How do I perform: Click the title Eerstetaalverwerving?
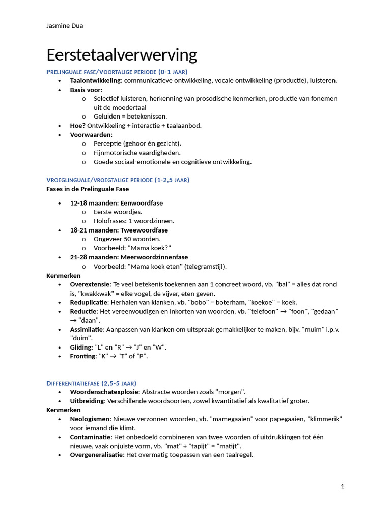click(x=122, y=55)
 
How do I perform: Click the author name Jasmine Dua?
click(x=65, y=26)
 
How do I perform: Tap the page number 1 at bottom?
click(x=343, y=486)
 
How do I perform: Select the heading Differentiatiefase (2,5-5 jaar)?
click(x=91, y=383)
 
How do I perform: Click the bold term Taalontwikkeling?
click(x=95, y=80)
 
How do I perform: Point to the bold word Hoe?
click(x=78, y=126)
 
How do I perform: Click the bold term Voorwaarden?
click(x=90, y=135)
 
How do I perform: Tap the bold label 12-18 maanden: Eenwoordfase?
click(x=116, y=203)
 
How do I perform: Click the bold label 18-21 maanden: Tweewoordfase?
click(x=119, y=230)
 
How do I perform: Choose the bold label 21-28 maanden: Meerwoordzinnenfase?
click(x=129, y=257)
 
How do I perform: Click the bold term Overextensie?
click(x=90, y=284)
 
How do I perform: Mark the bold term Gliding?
click(x=80, y=347)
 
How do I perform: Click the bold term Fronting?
click(x=82, y=356)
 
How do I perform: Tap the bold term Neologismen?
click(x=90, y=419)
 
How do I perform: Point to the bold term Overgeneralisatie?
click(x=97, y=455)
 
